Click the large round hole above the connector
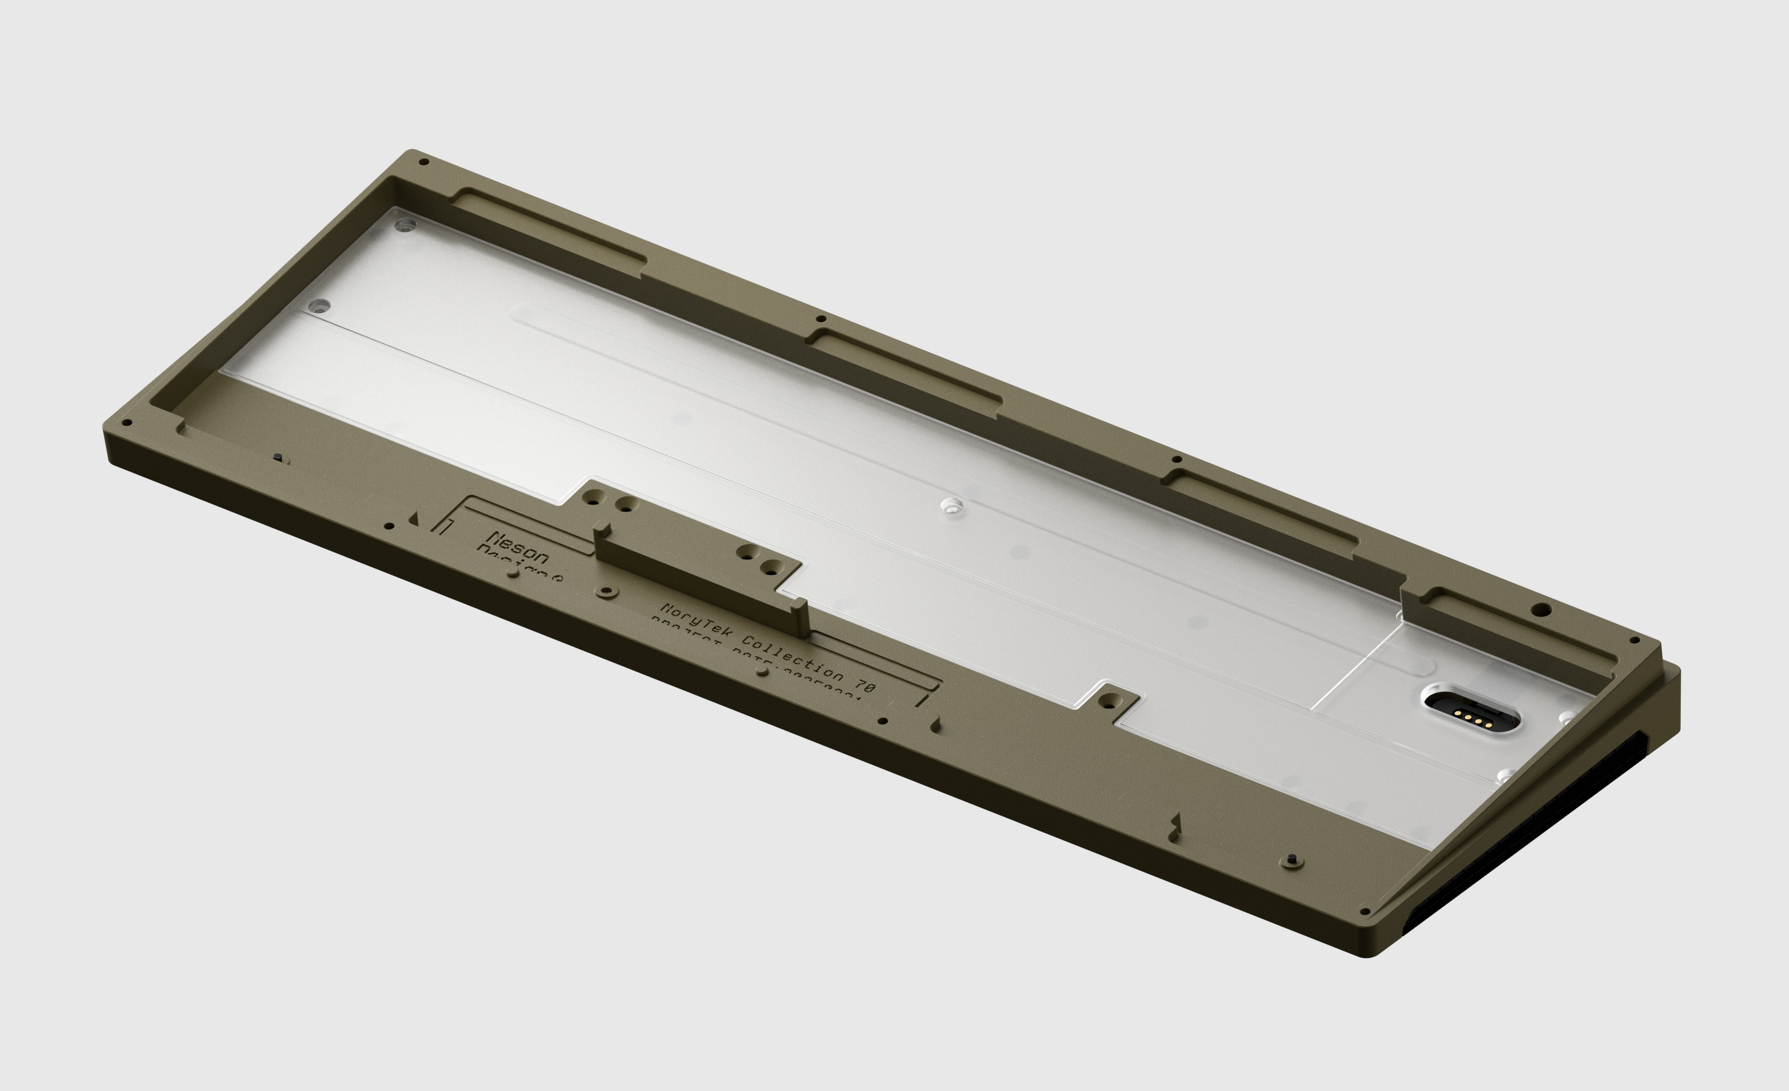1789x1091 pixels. tap(1544, 609)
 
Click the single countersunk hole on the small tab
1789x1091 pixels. tap(1109, 700)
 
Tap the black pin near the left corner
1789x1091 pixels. tap(278, 458)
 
